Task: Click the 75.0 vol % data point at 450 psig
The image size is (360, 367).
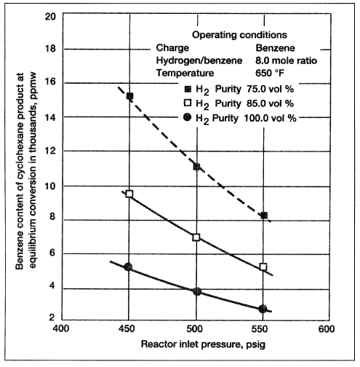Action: point(129,96)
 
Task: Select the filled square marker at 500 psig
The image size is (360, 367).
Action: point(197,167)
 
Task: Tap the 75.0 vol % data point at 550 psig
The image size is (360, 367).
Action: point(264,216)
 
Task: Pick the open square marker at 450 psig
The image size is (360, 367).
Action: point(129,194)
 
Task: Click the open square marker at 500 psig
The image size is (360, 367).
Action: point(196,237)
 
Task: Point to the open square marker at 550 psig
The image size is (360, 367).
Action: point(263,267)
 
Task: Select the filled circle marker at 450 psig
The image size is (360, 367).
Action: point(128,267)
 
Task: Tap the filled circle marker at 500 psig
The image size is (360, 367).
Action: point(197,291)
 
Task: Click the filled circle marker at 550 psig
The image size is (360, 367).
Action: point(263,309)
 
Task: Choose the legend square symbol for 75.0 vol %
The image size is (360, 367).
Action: point(188,90)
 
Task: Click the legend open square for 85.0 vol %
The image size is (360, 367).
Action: point(188,103)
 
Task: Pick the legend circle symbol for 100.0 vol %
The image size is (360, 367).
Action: point(188,118)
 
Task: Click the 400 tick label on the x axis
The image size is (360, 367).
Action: point(61,328)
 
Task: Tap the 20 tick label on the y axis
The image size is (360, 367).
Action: point(50,17)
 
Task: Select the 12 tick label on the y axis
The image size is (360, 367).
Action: point(50,151)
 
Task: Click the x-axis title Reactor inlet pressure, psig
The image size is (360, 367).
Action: point(203,344)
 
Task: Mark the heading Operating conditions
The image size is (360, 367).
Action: point(239,35)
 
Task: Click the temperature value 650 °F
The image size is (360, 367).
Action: point(270,73)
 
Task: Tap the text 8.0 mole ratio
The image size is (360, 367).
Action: point(286,60)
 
